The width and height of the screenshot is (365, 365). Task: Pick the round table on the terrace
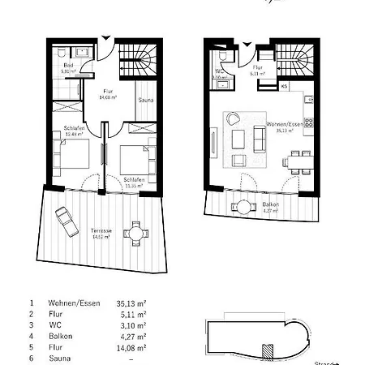point(137,233)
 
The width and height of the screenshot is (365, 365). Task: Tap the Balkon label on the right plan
point(270,206)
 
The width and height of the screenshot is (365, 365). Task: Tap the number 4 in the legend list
point(32,334)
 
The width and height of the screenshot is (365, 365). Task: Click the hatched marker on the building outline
point(268,349)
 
